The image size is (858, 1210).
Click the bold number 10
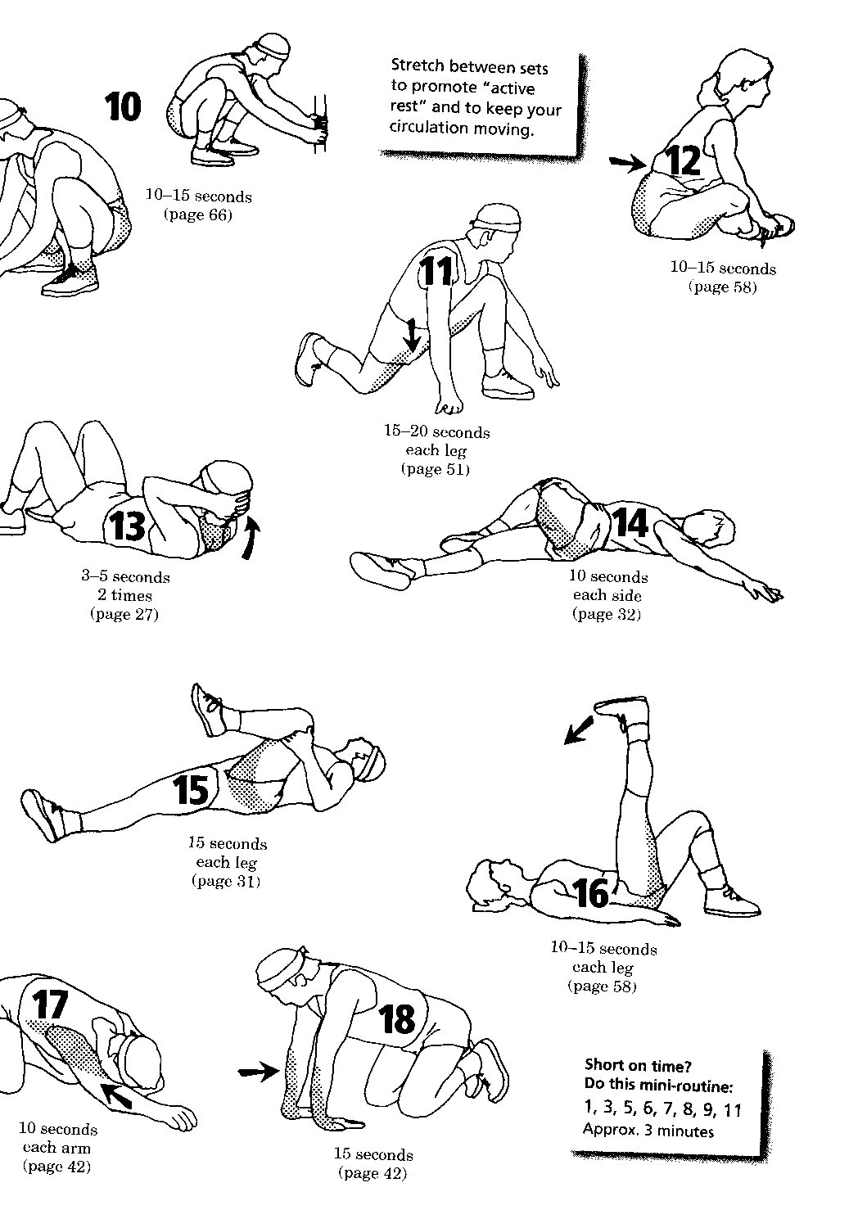click(123, 106)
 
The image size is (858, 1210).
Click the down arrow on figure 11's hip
click(413, 334)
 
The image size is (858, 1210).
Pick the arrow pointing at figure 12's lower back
click(627, 165)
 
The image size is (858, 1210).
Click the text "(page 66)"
click(198, 215)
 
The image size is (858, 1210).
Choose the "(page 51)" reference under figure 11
click(436, 469)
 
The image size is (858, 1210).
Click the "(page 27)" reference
click(124, 614)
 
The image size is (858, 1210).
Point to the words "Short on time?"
click(638, 1065)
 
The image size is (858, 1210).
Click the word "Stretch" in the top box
click(418, 65)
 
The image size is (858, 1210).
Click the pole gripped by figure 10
click(319, 124)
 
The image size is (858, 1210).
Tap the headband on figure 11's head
click(496, 223)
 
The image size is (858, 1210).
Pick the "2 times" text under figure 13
click(124, 595)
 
